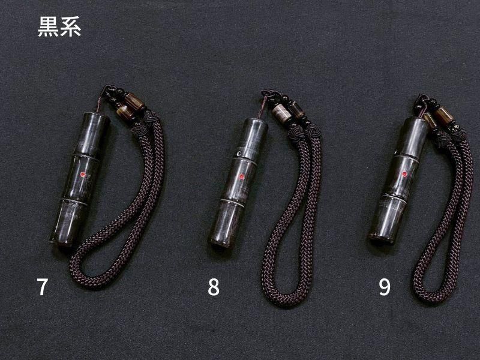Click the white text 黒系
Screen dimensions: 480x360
[59, 26]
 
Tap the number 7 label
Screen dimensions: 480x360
[42, 287]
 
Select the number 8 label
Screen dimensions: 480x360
[214, 287]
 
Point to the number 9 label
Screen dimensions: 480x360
[385, 287]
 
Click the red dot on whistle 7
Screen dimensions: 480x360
[82, 174]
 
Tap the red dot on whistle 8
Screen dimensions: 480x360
[241, 176]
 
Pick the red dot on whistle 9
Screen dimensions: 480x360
[404, 174]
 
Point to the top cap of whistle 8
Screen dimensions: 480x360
[256, 122]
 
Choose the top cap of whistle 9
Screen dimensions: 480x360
[417, 121]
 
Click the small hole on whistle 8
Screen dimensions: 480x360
[239, 153]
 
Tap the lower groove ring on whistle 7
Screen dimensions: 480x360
[74, 202]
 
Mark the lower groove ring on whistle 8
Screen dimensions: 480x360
[232, 203]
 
